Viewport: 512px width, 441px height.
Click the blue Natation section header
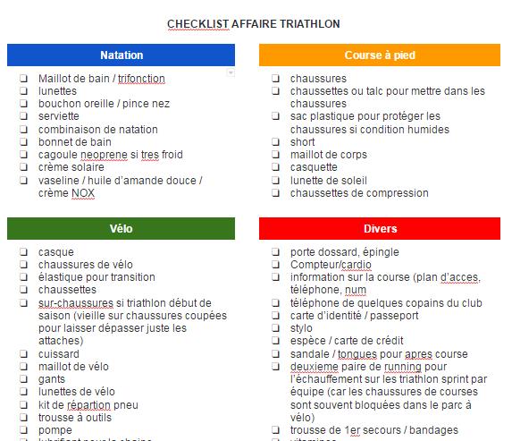coord(122,55)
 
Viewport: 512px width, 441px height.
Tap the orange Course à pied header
coord(379,55)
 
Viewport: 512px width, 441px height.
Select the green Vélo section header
coord(122,229)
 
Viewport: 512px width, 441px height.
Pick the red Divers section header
coord(379,229)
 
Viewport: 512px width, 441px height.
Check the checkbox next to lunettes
coord(23,91)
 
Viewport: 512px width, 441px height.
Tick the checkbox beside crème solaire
coord(23,167)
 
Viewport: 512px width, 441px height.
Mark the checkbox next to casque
coord(23,252)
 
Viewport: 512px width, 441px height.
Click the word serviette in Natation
coord(61,116)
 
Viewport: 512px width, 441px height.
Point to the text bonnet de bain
coord(74,142)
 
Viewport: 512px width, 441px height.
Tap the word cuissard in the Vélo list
coord(60,354)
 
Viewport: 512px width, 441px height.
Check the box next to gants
coord(23,379)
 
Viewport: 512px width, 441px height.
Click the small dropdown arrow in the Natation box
coord(231,72)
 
